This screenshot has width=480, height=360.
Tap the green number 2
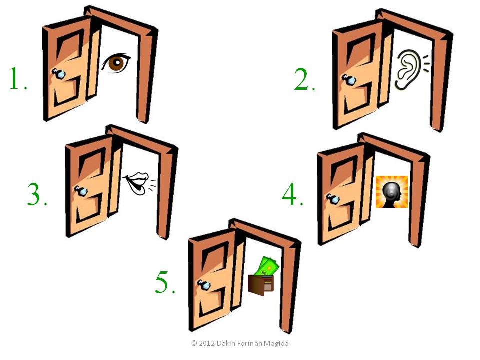(301, 79)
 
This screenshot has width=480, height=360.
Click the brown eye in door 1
(116, 63)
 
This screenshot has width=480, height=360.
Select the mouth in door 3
(136, 182)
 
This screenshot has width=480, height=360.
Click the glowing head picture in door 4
(392, 192)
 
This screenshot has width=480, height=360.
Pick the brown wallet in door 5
(260, 285)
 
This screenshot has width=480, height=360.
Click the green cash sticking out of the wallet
(268, 266)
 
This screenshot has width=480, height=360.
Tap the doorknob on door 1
(58, 74)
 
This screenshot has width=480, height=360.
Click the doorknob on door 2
(348, 80)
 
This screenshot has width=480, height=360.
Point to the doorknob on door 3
(81, 191)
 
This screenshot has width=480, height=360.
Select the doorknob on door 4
(333, 199)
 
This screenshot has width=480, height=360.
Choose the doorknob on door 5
(203, 285)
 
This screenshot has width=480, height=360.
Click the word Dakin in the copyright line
(226, 343)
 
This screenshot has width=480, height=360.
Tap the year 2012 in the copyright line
(207, 343)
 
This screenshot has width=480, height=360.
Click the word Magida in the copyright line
(276, 344)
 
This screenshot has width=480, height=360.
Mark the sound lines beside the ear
(426, 64)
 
